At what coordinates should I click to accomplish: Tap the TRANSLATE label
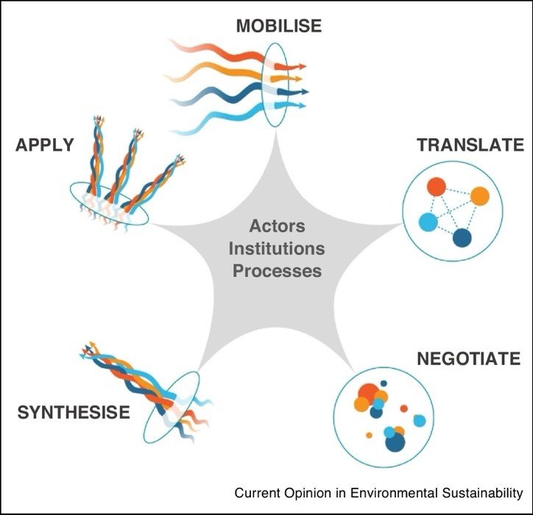(x=470, y=145)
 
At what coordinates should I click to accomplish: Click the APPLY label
(x=45, y=144)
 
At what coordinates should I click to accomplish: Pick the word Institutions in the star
(x=277, y=248)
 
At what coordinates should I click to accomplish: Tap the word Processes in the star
(x=277, y=270)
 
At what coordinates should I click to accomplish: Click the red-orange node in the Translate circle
(x=437, y=187)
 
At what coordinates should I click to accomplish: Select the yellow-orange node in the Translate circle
(x=479, y=196)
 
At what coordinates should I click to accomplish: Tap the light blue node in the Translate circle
(x=428, y=221)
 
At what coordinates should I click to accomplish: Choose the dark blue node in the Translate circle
(x=462, y=238)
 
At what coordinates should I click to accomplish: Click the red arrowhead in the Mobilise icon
(x=302, y=65)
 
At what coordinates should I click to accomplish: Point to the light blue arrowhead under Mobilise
(x=302, y=105)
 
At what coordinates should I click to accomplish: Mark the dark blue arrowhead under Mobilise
(x=303, y=92)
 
